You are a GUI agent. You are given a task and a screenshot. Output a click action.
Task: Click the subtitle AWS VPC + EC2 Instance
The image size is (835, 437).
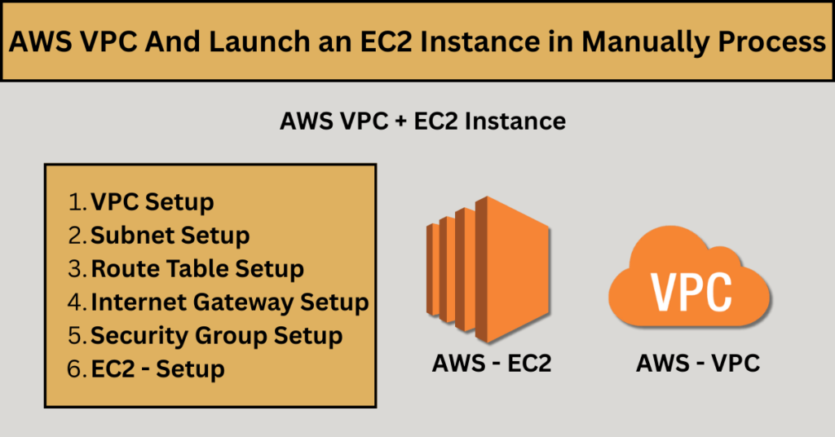click(x=422, y=121)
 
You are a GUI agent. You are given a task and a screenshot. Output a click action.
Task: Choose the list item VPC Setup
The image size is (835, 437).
click(x=152, y=202)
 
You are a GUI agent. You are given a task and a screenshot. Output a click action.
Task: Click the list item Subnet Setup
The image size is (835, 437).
click(x=170, y=236)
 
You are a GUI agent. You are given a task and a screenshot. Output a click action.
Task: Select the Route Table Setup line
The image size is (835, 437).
click(x=197, y=269)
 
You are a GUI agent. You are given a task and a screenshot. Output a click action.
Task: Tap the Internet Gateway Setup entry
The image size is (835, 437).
click(x=229, y=302)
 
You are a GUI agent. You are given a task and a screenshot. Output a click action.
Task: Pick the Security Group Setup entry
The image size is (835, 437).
click(x=216, y=336)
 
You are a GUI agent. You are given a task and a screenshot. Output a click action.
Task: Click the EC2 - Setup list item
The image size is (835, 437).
click(x=157, y=369)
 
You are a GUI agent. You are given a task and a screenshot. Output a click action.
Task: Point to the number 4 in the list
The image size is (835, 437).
click(x=77, y=302)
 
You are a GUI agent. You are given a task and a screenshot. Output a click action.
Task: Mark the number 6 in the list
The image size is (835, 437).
click(x=77, y=369)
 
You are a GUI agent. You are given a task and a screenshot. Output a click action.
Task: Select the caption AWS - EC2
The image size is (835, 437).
click(x=492, y=364)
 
